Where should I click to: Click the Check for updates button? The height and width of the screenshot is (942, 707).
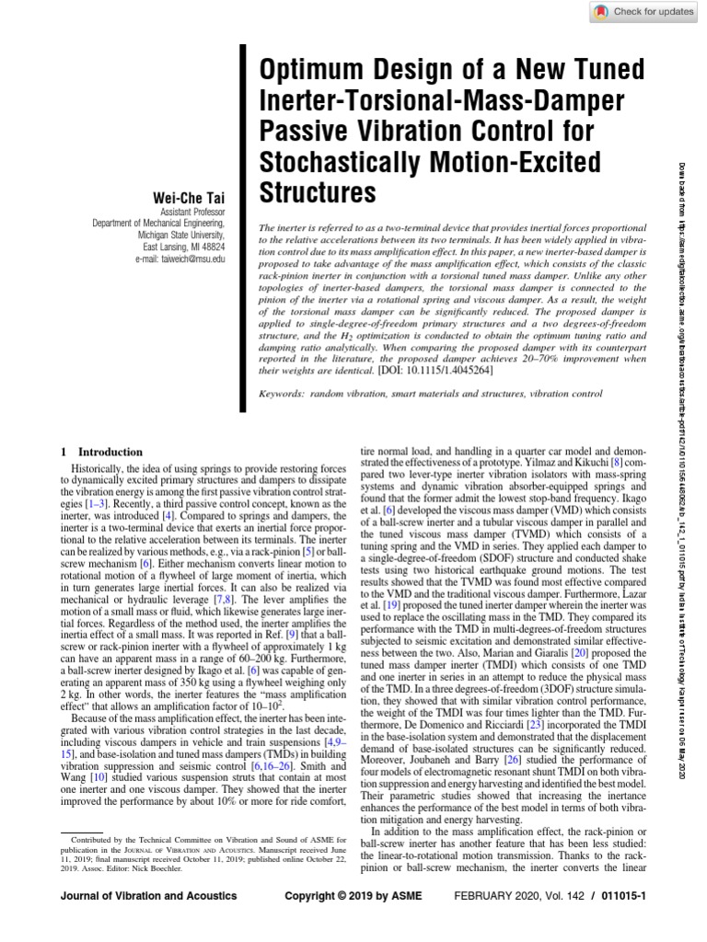point(641,11)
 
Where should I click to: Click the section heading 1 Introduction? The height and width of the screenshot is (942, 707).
point(101,452)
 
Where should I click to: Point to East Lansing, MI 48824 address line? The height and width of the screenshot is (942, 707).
point(183,248)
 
